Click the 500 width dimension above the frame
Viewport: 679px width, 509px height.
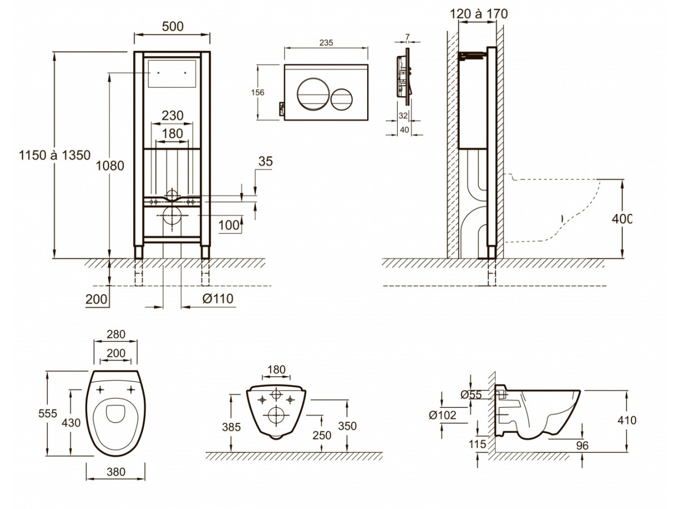(172, 27)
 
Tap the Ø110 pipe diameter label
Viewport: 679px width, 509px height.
(217, 298)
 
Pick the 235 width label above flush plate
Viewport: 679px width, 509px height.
(326, 42)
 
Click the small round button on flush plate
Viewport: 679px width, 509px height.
(342, 100)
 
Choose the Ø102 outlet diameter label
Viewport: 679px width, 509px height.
(443, 415)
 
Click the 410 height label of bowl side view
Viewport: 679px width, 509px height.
(627, 420)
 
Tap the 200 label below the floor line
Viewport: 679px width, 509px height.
(97, 299)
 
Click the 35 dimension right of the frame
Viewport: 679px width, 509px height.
(265, 161)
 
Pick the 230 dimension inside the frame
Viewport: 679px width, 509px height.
(172, 115)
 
